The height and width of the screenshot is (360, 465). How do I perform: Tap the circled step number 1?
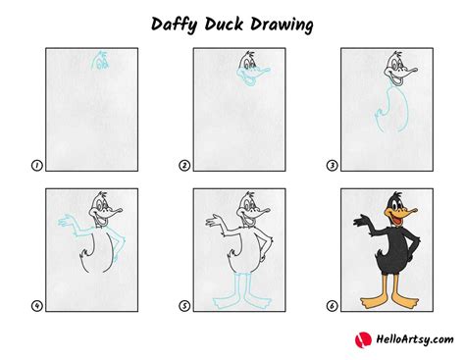[36, 167]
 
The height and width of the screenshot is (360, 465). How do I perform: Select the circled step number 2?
[183, 167]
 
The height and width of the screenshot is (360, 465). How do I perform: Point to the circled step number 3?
[332, 167]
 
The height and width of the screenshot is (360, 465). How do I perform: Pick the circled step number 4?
[36, 306]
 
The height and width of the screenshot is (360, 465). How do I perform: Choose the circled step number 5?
[183, 306]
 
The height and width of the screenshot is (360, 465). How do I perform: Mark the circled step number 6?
[332, 306]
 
